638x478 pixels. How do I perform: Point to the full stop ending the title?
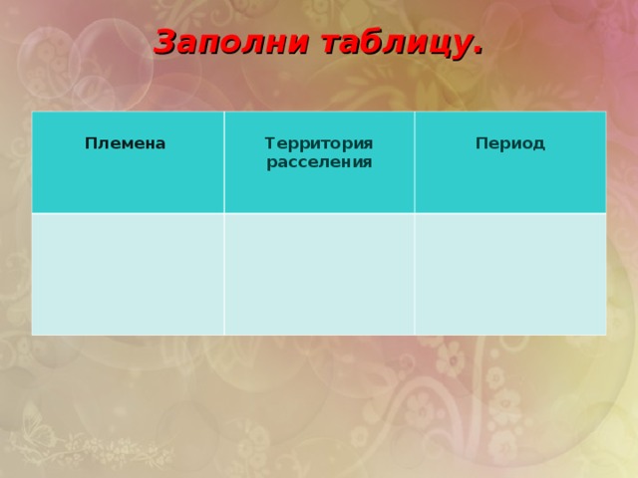(x=478, y=52)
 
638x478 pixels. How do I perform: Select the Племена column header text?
(x=126, y=143)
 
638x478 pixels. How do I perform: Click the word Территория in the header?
(x=319, y=144)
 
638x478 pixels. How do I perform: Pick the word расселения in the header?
(x=319, y=161)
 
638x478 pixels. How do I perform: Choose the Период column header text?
(x=510, y=143)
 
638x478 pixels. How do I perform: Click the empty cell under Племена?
(x=128, y=274)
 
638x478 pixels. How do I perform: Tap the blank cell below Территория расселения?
(x=319, y=274)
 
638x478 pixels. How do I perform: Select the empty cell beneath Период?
(x=510, y=274)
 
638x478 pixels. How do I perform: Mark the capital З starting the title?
(x=165, y=43)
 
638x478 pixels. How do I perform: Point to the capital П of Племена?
(x=91, y=143)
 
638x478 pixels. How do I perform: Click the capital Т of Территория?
(x=269, y=144)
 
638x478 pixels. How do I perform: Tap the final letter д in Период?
(x=539, y=144)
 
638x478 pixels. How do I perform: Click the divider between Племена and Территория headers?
(x=223, y=161)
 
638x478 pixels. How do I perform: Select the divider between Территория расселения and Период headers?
(x=415, y=161)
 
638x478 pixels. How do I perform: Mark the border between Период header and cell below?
(x=510, y=212)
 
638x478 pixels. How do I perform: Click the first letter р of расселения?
(x=271, y=162)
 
